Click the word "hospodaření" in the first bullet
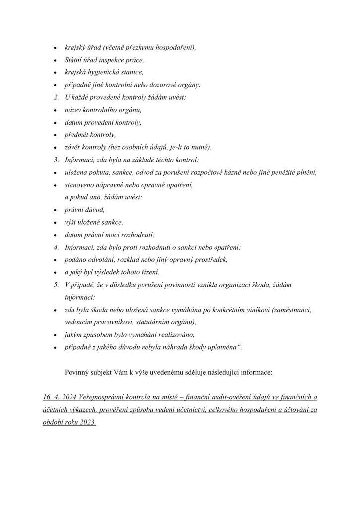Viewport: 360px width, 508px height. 175,48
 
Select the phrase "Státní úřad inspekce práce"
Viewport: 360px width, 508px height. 104,60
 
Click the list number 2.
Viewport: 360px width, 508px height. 56,97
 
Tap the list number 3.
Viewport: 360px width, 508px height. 56,160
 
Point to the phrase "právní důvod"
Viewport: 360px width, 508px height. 84,210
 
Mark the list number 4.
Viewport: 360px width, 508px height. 56,247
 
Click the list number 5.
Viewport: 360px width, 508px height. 56,285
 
